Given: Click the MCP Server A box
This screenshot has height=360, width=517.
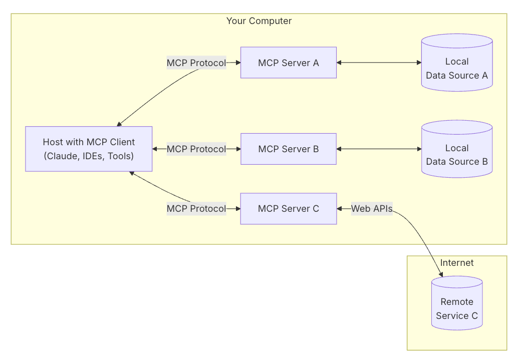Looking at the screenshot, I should click(288, 63).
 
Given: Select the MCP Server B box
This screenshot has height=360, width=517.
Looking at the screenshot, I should click(288, 149).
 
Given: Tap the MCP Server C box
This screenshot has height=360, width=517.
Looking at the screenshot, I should click(288, 208).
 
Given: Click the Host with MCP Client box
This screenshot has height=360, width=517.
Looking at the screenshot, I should click(89, 149).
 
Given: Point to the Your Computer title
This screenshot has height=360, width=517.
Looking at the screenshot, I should click(258, 21).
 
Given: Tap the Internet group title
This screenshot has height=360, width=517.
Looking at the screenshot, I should click(456, 263).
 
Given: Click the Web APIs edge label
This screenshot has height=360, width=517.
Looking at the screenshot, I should click(372, 208).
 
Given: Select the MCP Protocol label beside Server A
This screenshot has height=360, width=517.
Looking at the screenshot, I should click(196, 63).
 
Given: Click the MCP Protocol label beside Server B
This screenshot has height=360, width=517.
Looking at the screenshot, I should click(196, 149).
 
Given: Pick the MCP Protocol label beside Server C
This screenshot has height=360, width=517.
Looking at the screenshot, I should click(196, 208).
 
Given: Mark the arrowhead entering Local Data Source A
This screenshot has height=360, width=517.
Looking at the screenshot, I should click(418, 63).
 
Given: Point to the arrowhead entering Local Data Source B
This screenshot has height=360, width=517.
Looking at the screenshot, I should click(418, 149).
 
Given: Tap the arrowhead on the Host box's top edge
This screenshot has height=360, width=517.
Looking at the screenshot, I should click(119, 124).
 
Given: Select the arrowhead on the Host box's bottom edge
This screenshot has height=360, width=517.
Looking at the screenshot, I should click(132, 173).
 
